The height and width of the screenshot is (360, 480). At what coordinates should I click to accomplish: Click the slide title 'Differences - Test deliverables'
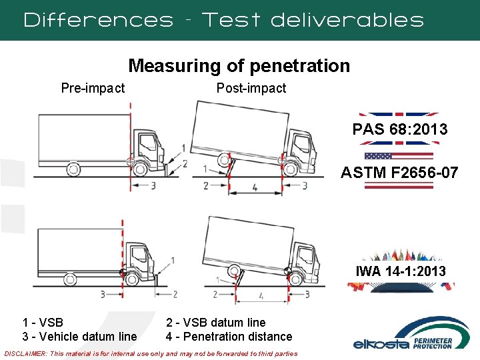coord(223,20)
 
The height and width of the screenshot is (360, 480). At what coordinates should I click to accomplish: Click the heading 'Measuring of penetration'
coord(239,65)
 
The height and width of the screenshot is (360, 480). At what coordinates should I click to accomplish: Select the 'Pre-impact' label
coord(93,88)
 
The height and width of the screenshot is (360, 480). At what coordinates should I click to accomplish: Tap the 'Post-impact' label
coord(251,88)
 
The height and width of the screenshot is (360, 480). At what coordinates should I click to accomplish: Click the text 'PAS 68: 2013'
coord(400,129)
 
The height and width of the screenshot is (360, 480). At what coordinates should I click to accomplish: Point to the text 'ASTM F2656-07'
coord(399,173)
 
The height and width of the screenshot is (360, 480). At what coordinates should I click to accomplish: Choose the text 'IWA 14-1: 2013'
coord(400,271)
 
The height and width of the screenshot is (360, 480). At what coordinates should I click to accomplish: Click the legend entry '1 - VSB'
coord(43,323)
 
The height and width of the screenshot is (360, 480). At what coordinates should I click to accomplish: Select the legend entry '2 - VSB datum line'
coord(215,323)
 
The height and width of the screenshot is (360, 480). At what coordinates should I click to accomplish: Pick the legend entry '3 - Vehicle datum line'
coord(79,337)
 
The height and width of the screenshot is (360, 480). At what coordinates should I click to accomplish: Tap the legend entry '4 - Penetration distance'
coord(229,337)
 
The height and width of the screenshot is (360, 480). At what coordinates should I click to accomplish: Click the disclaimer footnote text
coord(151,353)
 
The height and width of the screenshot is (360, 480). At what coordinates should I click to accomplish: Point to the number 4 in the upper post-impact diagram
coord(256,189)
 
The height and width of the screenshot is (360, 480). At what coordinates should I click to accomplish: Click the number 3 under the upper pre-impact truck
coord(153,185)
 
